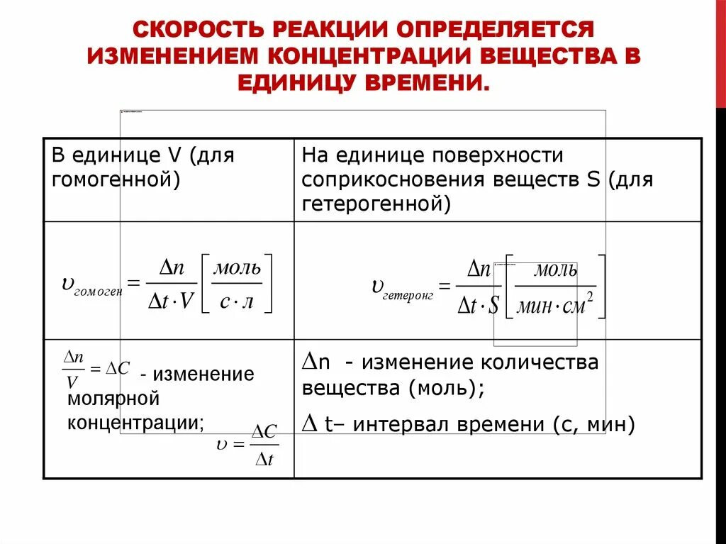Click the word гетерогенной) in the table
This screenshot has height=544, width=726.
[x=376, y=204]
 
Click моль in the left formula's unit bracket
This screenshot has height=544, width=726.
[x=238, y=267]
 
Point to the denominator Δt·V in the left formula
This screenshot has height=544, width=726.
[x=170, y=301]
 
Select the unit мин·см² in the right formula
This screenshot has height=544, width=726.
[x=554, y=306]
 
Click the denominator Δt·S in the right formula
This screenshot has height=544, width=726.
[x=478, y=306]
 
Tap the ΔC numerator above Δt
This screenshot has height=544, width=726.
[x=264, y=431]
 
